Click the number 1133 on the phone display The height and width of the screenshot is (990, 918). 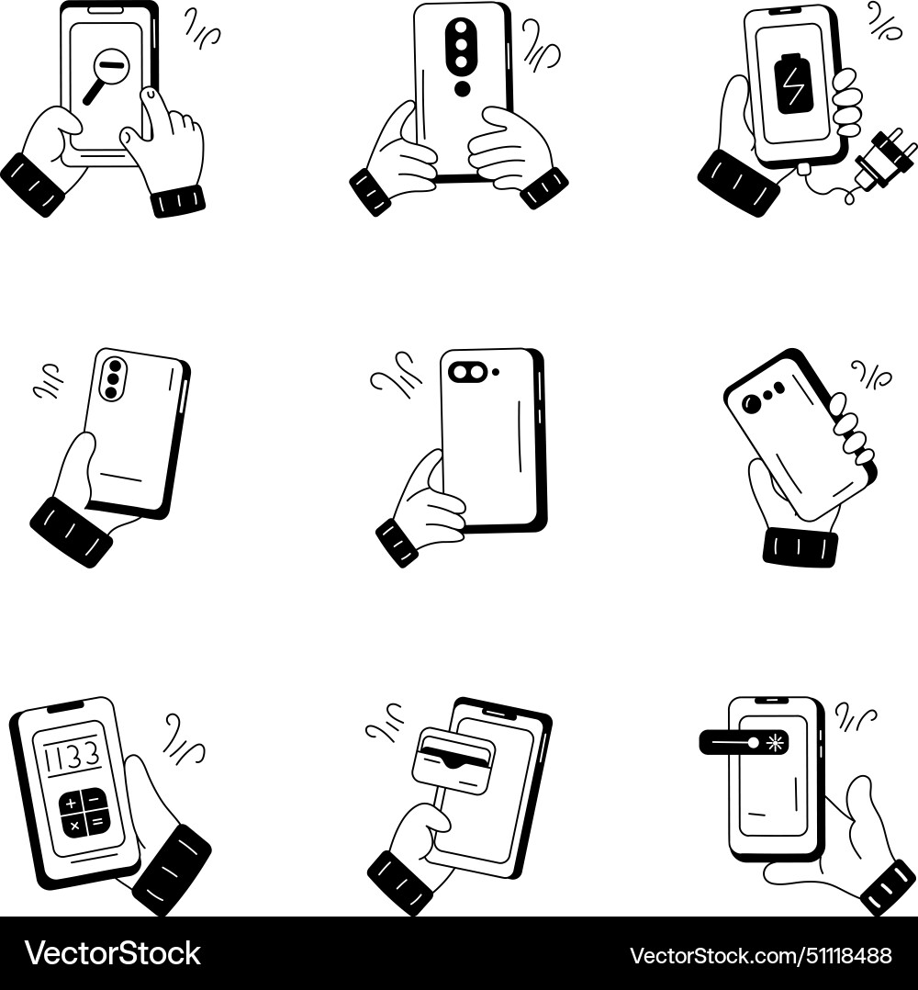[73, 757]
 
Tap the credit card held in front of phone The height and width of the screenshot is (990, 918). [453, 760]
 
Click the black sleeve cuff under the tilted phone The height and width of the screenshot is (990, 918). [800, 547]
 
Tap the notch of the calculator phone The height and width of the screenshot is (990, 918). [64, 708]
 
